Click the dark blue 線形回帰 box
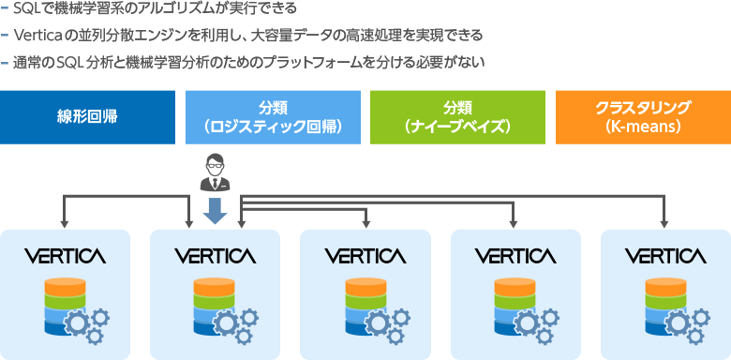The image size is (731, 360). pos(87,116)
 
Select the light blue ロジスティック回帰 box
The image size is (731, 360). pos(273,116)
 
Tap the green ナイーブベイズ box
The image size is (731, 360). pos(457,116)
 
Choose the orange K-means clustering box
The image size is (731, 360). pos(643,116)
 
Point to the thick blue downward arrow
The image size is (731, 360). pos(215,211)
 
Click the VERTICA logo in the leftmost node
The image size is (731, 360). pos(65,255)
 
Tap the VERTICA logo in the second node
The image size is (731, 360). pos(215,255)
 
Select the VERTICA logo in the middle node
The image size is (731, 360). pos(365,255)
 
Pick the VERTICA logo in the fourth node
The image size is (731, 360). pos(515,255)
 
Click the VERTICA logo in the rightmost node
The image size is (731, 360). pos(665,255)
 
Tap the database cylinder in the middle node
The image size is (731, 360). pos(357,305)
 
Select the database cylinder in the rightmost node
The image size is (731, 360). pos(657,305)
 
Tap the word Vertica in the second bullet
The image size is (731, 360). pos(34,36)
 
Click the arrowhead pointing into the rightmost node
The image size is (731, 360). pos(664,224)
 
